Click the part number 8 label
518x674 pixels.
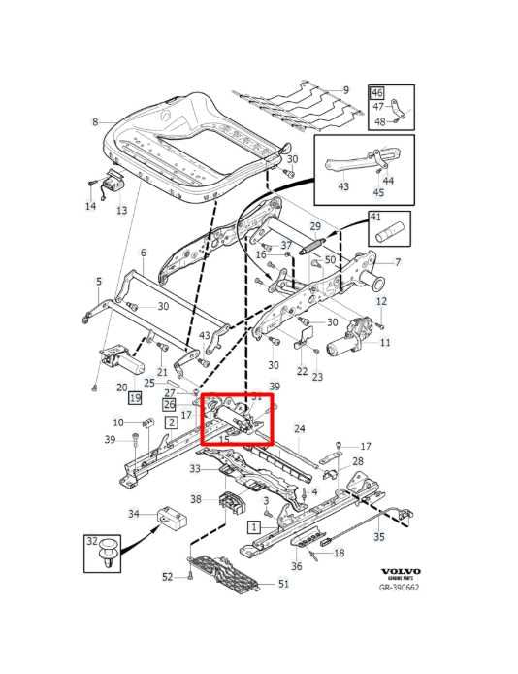[95, 121]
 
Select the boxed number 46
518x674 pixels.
[376, 92]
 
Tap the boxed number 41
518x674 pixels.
[375, 218]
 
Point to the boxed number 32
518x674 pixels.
[92, 541]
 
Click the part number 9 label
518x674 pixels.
[345, 90]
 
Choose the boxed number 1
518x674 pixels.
[253, 527]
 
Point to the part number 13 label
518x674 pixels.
[122, 210]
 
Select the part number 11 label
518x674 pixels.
[385, 343]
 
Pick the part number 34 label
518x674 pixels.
[135, 514]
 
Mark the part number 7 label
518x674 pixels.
[395, 262]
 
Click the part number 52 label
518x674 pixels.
[167, 577]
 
